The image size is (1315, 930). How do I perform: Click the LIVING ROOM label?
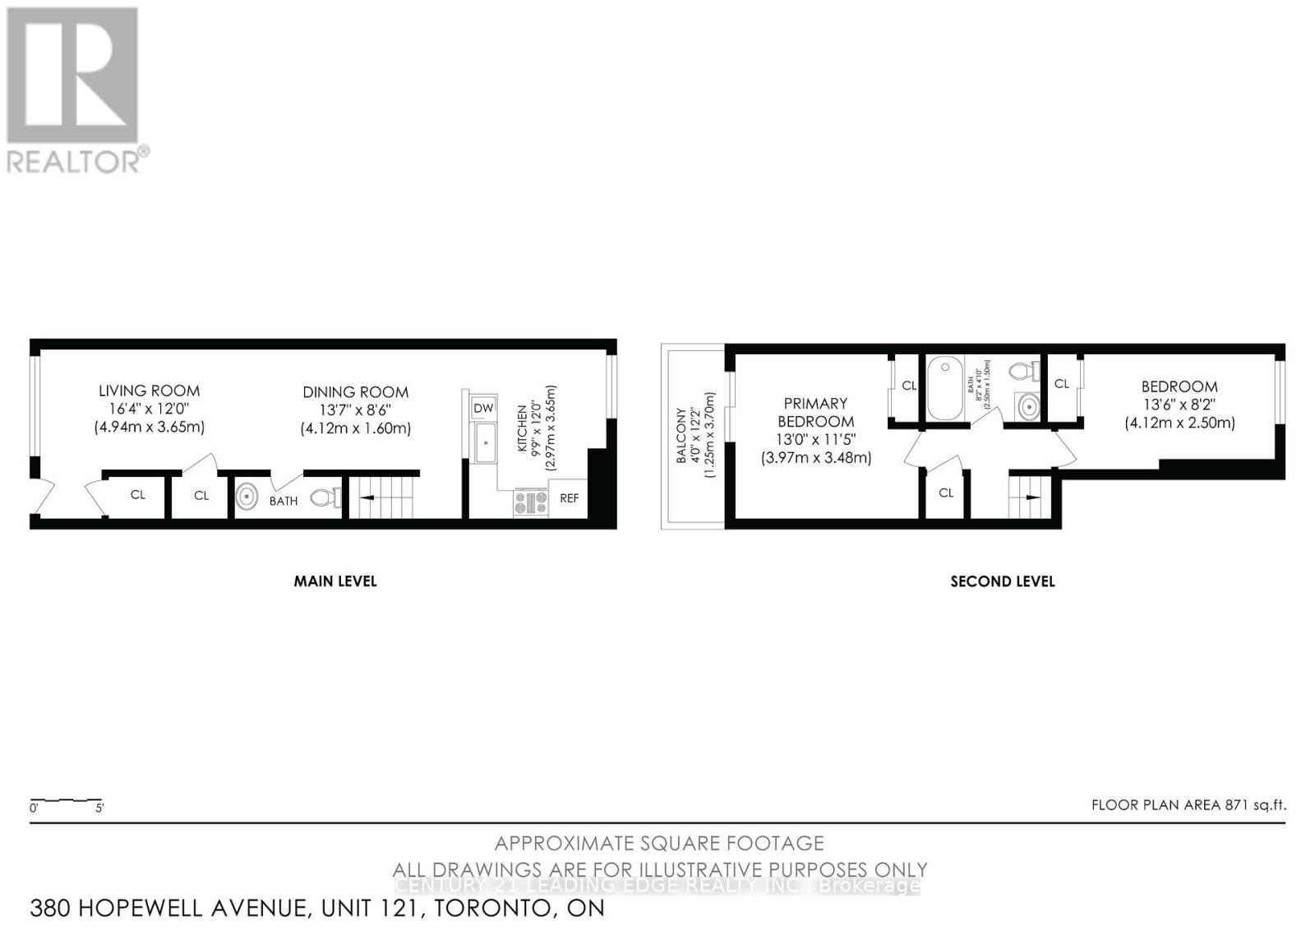pyautogui.click(x=149, y=391)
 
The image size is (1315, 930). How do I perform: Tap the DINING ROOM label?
pyautogui.click(x=355, y=392)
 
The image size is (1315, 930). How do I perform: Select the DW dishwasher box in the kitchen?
pyautogui.click(x=483, y=408)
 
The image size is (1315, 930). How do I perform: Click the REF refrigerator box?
pyautogui.click(x=569, y=498)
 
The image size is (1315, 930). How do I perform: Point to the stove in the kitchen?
pyautogui.click(x=531, y=502)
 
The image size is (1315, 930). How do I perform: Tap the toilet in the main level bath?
pyautogui.click(x=325, y=497)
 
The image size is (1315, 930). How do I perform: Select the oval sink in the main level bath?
pyautogui.click(x=247, y=497)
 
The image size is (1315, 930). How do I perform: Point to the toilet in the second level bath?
pyautogui.click(x=1022, y=371)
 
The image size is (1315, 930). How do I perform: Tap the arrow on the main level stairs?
pyautogui.click(x=367, y=497)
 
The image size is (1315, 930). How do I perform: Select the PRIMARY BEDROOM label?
pyautogui.click(x=815, y=412)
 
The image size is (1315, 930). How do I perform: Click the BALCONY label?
pyautogui.click(x=681, y=436)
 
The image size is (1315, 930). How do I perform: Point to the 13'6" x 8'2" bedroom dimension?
pyautogui.click(x=1179, y=405)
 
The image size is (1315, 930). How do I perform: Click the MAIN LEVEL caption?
pyautogui.click(x=335, y=581)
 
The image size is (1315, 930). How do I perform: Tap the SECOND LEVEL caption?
pyautogui.click(x=1002, y=581)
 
